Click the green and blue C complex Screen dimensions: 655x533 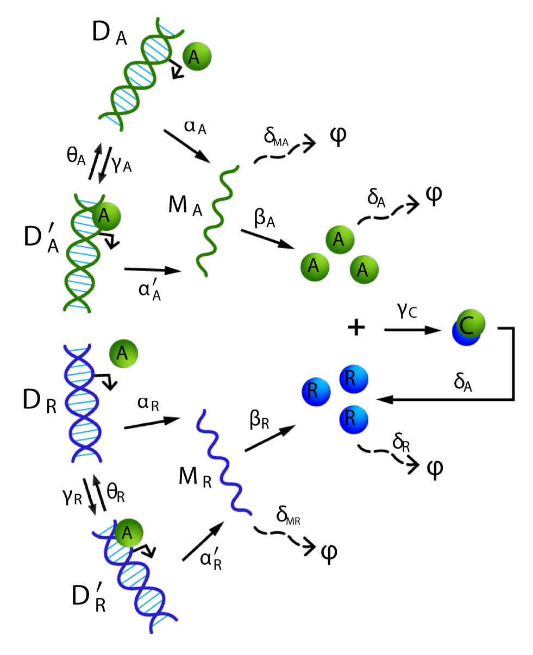469,327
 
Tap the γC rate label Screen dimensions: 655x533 406,312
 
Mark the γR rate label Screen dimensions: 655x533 72,495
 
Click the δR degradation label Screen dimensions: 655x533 402,443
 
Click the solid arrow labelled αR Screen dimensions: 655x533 152,424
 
